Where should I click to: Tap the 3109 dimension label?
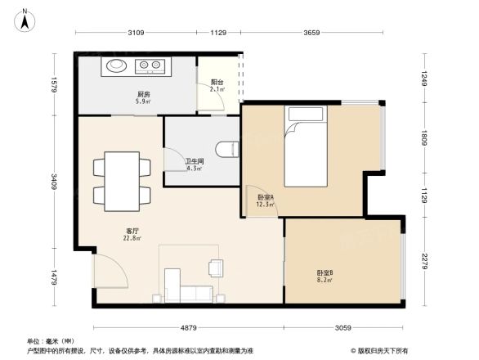[136, 34]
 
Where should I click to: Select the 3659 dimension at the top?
[312, 34]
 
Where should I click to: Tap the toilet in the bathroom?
[227, 148]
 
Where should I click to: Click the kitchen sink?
[116, 65]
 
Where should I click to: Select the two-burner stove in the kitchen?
[150, 65]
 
